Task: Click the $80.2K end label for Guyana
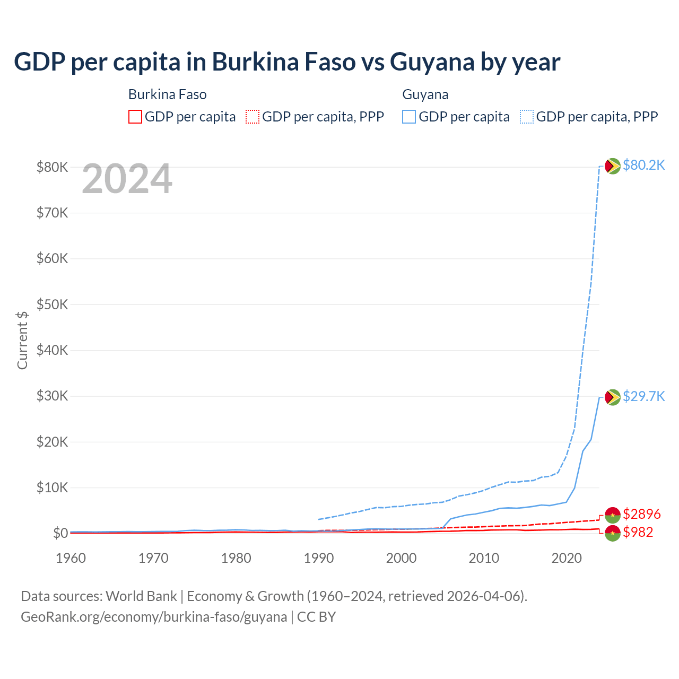pos(643,165)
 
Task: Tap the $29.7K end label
pos(643,396)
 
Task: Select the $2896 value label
pos(641,514)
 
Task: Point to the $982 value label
pos(638,532)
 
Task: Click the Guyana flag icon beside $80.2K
pos(613,166)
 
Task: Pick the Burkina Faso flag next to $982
pos(613,533)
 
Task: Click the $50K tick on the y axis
pos(52,304)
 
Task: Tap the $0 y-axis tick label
pos(60,533)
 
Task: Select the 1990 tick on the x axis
pos(319,558)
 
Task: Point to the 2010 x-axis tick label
pos(484,558)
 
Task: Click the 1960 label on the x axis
pos(71,558)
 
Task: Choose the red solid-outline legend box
pos(135,117)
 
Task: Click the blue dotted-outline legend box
pos(527,117)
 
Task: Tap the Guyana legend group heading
pos(425,94)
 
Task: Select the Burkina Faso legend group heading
pos(167,94)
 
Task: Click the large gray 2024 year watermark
pos(127,179)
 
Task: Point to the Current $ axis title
pos(22,340)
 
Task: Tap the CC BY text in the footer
pos(316,617)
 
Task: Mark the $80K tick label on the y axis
pos(52,167)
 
